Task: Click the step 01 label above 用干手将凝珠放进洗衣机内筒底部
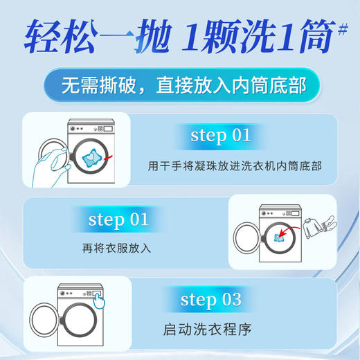click(220, 134)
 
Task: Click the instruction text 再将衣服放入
click(116, 247)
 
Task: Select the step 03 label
click(210, 299)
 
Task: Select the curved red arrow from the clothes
click(291, 234)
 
